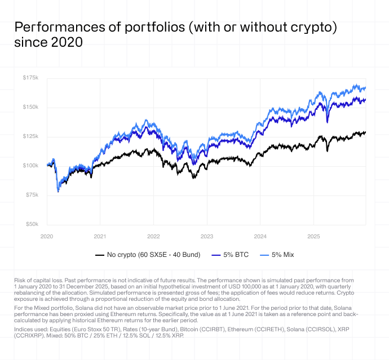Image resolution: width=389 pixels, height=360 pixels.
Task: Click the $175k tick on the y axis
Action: click(x=30, y=78)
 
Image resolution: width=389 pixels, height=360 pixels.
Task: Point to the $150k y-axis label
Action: click(x=30, y=107)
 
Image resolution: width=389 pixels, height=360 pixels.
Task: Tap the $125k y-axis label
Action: click(x=30, y=136)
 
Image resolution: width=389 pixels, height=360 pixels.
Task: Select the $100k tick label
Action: click(x=30, y=166)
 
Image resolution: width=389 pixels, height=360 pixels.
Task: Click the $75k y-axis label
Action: click(x=32, y=195)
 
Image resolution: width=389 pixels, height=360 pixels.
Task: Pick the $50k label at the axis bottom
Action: click(x=32, y=224)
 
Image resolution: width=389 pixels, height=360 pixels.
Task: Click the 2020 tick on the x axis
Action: click(x=47, y=236)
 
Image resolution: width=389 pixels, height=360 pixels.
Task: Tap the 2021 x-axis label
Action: click(x=100, y=236)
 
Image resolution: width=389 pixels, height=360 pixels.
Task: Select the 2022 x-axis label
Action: click(x=153, y=236)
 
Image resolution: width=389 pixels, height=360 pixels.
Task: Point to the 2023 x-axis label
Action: click(x=207, y=236)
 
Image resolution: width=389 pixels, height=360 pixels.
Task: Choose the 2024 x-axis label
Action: click(x=260, y=236)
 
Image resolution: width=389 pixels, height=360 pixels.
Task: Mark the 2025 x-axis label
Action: click(x=313, y=236)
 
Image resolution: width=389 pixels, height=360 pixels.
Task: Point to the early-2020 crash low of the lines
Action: click(x=58, y=192)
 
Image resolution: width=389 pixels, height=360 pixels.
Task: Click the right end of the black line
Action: click(x=365, y=132)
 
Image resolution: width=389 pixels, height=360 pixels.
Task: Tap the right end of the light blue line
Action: click(x=365, y=88)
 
